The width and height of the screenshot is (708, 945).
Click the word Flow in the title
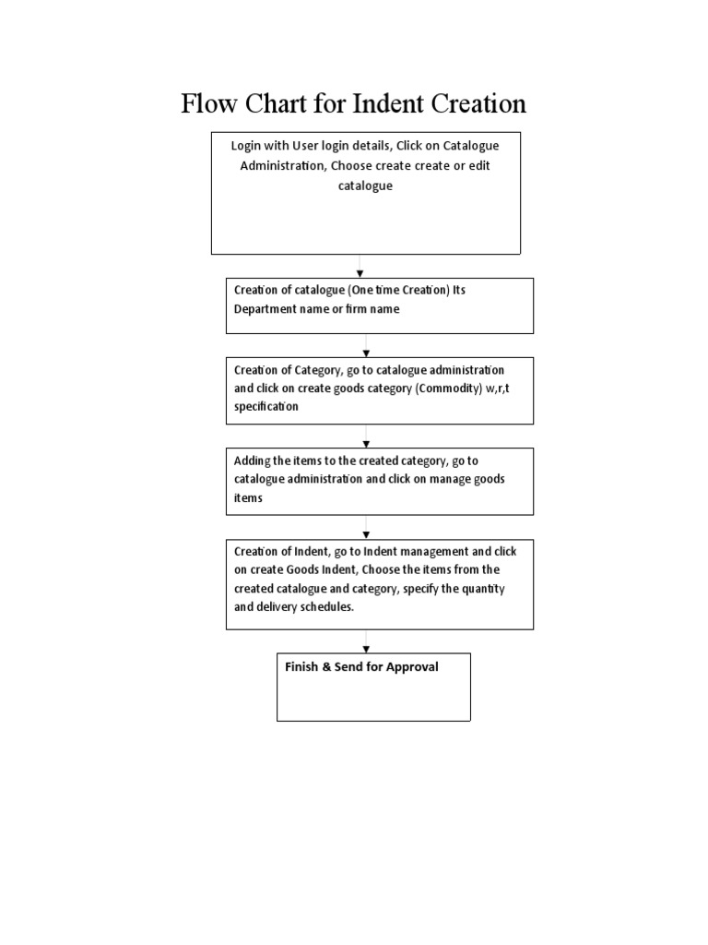[207, 103]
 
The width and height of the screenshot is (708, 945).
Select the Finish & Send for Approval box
[373, 687]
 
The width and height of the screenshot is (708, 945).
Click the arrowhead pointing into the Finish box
[366, 649]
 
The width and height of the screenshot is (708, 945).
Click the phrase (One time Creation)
[398, 290]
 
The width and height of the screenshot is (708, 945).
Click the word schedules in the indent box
[324, 607]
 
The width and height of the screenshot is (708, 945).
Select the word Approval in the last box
[412, 666]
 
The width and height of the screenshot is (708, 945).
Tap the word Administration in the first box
[283, 165]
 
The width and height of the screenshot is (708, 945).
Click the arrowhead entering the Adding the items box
[366, 444]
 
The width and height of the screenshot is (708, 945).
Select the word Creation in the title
[478, 103]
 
